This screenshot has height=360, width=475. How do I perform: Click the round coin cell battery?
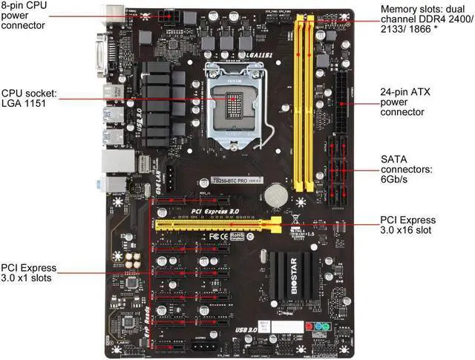[277, 194]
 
